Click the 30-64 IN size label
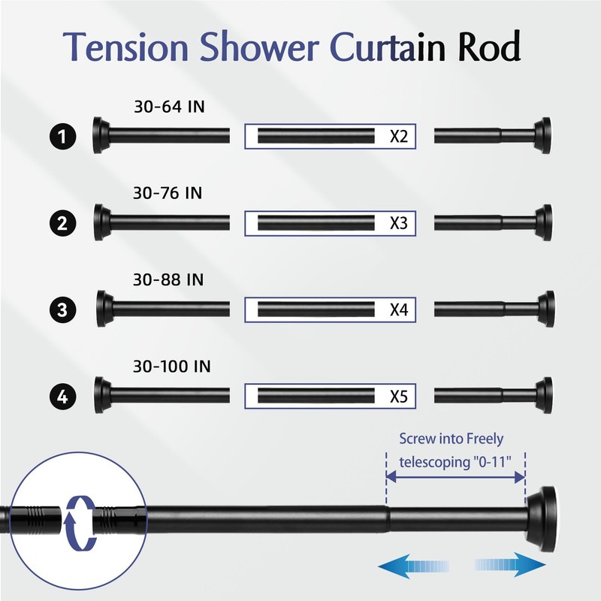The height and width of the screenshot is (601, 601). (169, 107)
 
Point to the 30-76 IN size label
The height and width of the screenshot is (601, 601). (168, 194)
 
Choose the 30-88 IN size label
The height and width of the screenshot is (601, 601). (169, 280)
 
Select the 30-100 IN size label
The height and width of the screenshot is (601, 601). (172, 367)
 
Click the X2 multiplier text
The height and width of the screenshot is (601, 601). (398, 137)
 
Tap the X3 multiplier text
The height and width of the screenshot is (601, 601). (398, 223)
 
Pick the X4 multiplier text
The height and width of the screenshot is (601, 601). (398, 309)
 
